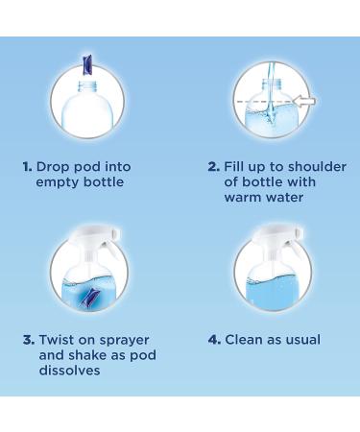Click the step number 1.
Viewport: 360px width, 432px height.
[x=27, y=167]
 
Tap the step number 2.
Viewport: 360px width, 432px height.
[x=213, y=167]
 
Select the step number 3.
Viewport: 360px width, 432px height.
[x=29, y=340]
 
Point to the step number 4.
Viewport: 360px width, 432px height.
[x=214, y=340]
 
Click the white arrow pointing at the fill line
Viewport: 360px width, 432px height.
[x=304, y=101]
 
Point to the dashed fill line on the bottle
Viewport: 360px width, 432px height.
[x=264, y=102]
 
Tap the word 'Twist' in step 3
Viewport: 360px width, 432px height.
[x=57, y=340]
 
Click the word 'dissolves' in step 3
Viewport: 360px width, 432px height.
[x=69, y=371]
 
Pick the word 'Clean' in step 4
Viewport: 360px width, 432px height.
[x=244, y=340]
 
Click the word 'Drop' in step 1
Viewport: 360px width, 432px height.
[x=53, y=168]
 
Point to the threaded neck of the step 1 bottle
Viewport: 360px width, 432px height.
[x=87, y=86]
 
